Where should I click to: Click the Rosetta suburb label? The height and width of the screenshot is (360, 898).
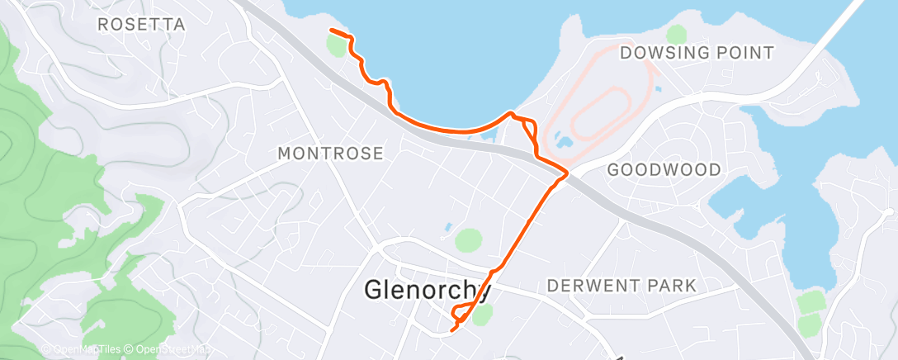[x=141, y=25]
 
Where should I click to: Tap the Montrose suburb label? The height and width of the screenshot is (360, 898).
[x=330, y=154]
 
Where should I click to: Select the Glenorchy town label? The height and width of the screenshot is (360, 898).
[x=428, y=291]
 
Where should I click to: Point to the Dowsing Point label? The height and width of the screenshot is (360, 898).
[x=697, y=53]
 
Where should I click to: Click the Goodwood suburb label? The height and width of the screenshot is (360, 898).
[x=664, y=170]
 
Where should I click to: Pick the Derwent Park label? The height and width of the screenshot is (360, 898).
[x=622, y=286]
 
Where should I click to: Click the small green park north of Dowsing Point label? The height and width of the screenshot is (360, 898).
[x=677, y=34]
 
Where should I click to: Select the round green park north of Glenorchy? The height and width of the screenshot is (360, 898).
[x=468, y=241]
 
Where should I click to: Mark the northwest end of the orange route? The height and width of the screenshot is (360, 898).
[x=331, y=31]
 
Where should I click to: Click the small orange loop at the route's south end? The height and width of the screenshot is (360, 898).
[x=461, y=315]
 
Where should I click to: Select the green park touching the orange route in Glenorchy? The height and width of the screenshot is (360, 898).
[x=483, y=312]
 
